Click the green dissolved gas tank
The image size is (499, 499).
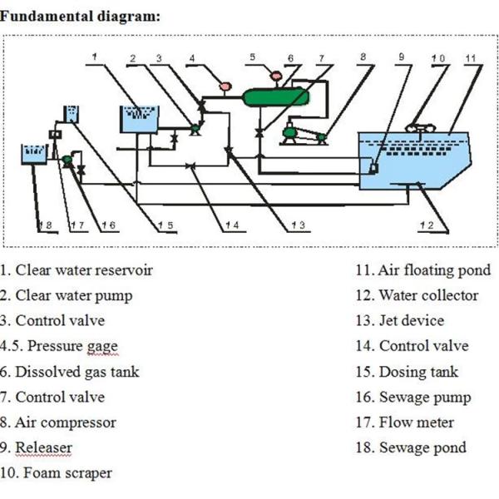275,96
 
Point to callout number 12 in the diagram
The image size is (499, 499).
426,225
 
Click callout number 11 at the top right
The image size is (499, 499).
470,58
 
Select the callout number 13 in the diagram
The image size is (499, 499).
297,225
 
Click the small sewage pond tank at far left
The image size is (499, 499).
32,153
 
